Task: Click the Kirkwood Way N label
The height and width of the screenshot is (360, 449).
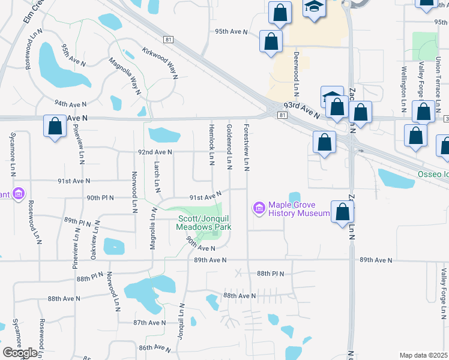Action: tap(160, 64)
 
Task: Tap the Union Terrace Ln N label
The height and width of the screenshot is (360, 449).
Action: tap(439, 85)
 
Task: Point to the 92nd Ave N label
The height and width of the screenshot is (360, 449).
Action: tap(155, 152)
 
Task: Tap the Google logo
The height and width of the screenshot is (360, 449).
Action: tap(20, 352)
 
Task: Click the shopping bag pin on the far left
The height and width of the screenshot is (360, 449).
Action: tap(55, 127)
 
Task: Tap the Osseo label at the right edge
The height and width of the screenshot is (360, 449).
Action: tap(433, 175)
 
